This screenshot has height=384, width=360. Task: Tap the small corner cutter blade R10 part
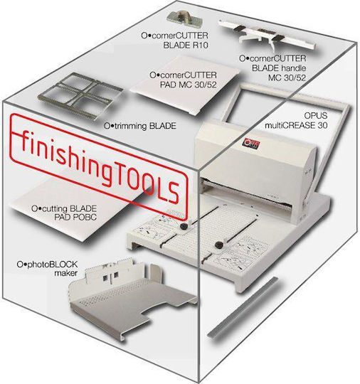(x=184, y=18)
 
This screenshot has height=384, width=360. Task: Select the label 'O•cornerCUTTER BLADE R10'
(x=174, y=41)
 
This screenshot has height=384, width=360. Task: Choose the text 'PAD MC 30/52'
(x=189, y=85)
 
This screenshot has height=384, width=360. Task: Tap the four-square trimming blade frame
(x=80, y=96)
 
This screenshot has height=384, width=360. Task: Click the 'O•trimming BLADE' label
(x=140, y=126)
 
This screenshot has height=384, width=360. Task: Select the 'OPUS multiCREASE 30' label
(x=296, y=120)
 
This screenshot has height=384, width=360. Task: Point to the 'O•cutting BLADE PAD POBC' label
(x=64, y=213)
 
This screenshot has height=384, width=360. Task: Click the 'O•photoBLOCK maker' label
(x=47, y=268)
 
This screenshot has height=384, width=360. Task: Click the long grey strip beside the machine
(x=243, y=308)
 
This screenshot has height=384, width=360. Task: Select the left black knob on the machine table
(x=184, y=226)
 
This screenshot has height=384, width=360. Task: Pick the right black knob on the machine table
(x=218, y=245)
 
